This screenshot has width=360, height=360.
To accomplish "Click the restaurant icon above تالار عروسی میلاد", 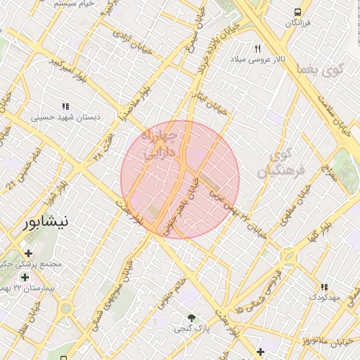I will [257, 49].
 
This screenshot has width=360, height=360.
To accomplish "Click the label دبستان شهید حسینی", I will [69, 117].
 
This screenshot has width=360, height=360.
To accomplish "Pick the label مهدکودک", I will [324, 298].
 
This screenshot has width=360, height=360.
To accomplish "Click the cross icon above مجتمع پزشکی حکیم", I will [28, 253].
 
